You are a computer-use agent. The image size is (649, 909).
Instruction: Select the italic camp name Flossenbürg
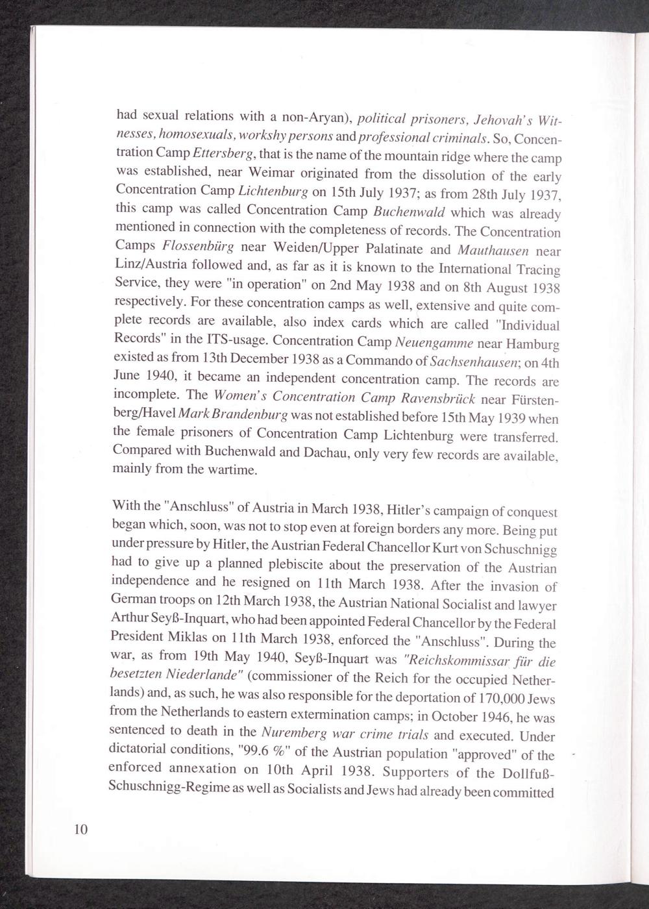point(199,247)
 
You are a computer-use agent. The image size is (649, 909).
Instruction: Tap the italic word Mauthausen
point(493,250)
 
